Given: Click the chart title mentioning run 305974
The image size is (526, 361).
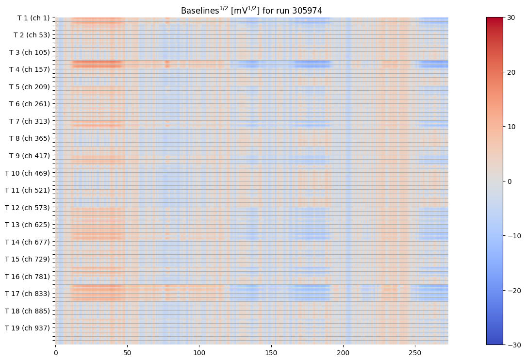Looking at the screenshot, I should (x=251, y=10).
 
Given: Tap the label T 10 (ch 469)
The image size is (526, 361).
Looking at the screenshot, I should (x=28, y=173).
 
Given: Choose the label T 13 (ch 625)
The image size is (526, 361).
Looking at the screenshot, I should (x=28, y=225).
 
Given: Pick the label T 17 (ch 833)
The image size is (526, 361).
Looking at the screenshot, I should (x=28, y=294).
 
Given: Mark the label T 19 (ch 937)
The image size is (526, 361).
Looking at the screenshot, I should (x=28, y=328).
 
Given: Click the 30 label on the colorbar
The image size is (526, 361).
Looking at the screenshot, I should (x=510, y=17).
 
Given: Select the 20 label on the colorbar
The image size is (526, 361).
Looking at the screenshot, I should (x=510, y=72).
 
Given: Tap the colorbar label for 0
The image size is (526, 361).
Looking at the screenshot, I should (x=509, y=181).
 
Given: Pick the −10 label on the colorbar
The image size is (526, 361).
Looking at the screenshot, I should (x=512, y=236).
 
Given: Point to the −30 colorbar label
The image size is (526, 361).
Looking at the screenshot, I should (x=512, y=345).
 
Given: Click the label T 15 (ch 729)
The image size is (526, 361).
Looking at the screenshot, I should (x=28, y=259).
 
